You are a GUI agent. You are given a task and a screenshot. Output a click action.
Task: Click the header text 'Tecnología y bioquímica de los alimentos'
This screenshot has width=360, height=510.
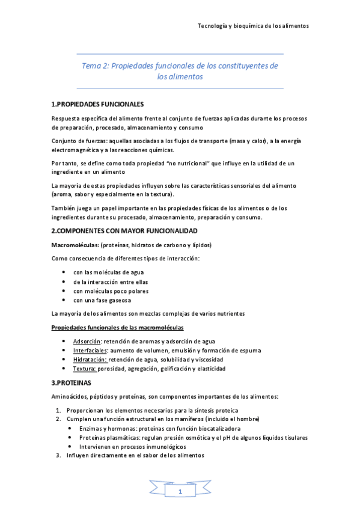point(253,26)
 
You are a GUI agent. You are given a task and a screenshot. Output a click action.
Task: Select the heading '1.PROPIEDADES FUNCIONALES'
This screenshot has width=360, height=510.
point(97,103)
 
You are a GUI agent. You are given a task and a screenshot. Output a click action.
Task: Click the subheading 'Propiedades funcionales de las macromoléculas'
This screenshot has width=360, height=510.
point(118,327)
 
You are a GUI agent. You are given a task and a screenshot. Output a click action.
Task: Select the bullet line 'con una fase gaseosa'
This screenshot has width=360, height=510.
point(102,300)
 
